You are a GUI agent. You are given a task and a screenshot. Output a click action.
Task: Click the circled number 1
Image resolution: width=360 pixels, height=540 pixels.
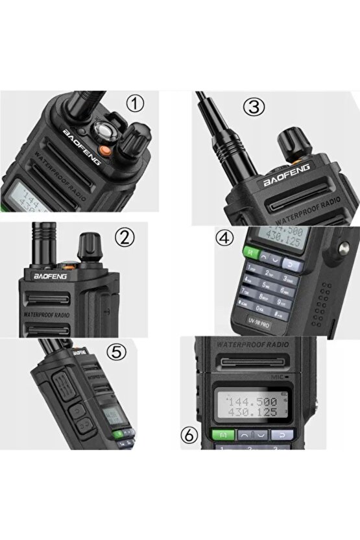pyautogui.click(x=135, y=104)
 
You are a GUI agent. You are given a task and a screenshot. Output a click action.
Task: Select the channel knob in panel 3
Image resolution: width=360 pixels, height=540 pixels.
pyautogui.click(x=287, y=141)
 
